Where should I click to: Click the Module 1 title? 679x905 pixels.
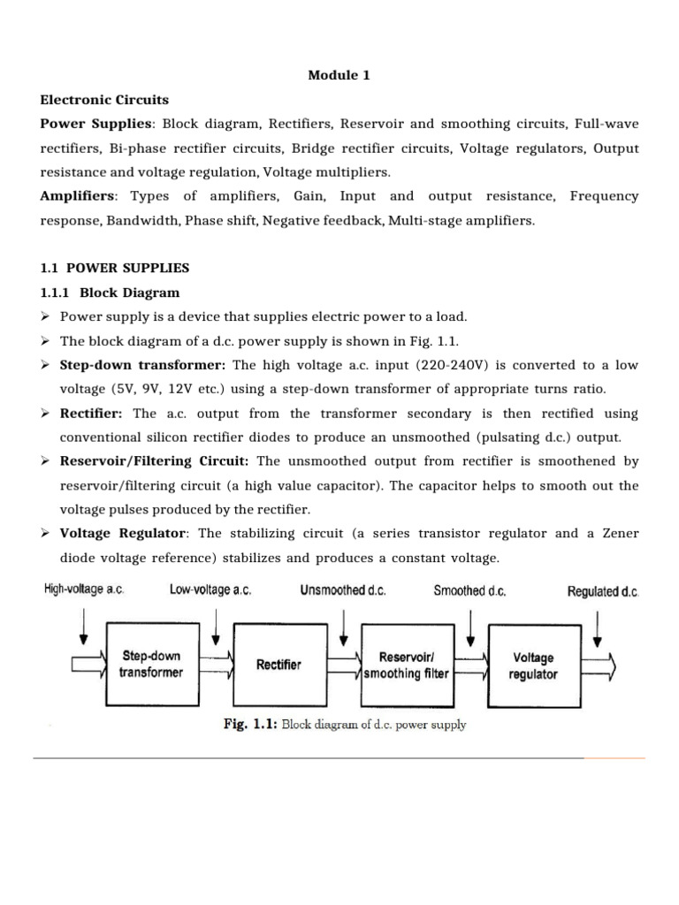[x=339, y=75]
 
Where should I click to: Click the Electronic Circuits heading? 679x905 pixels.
[x=104, y=100]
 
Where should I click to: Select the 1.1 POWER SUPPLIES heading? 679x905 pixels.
[x=115, y=268]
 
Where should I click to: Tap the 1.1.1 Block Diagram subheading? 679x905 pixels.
[x=110, y=293]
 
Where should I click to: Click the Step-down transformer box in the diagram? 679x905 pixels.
[x=151, y=665]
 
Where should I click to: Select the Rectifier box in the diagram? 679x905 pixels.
[x=278, y=665]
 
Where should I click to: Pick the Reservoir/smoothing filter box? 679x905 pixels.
[x=407, y=665]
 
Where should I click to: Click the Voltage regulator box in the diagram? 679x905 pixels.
[x=533, y=665]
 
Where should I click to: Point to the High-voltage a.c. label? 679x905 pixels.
[x=84, y=589]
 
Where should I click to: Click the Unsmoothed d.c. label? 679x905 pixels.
[x=343, y=589]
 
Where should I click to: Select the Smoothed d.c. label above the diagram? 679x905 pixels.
[x=469, y=590]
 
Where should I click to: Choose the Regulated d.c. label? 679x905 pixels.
[x=603, y=591]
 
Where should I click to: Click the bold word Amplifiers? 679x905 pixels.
[x=78, y=196]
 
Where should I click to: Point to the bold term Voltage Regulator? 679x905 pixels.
[x=123, y=534]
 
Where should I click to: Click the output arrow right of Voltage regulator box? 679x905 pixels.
[x=601, y=665]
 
